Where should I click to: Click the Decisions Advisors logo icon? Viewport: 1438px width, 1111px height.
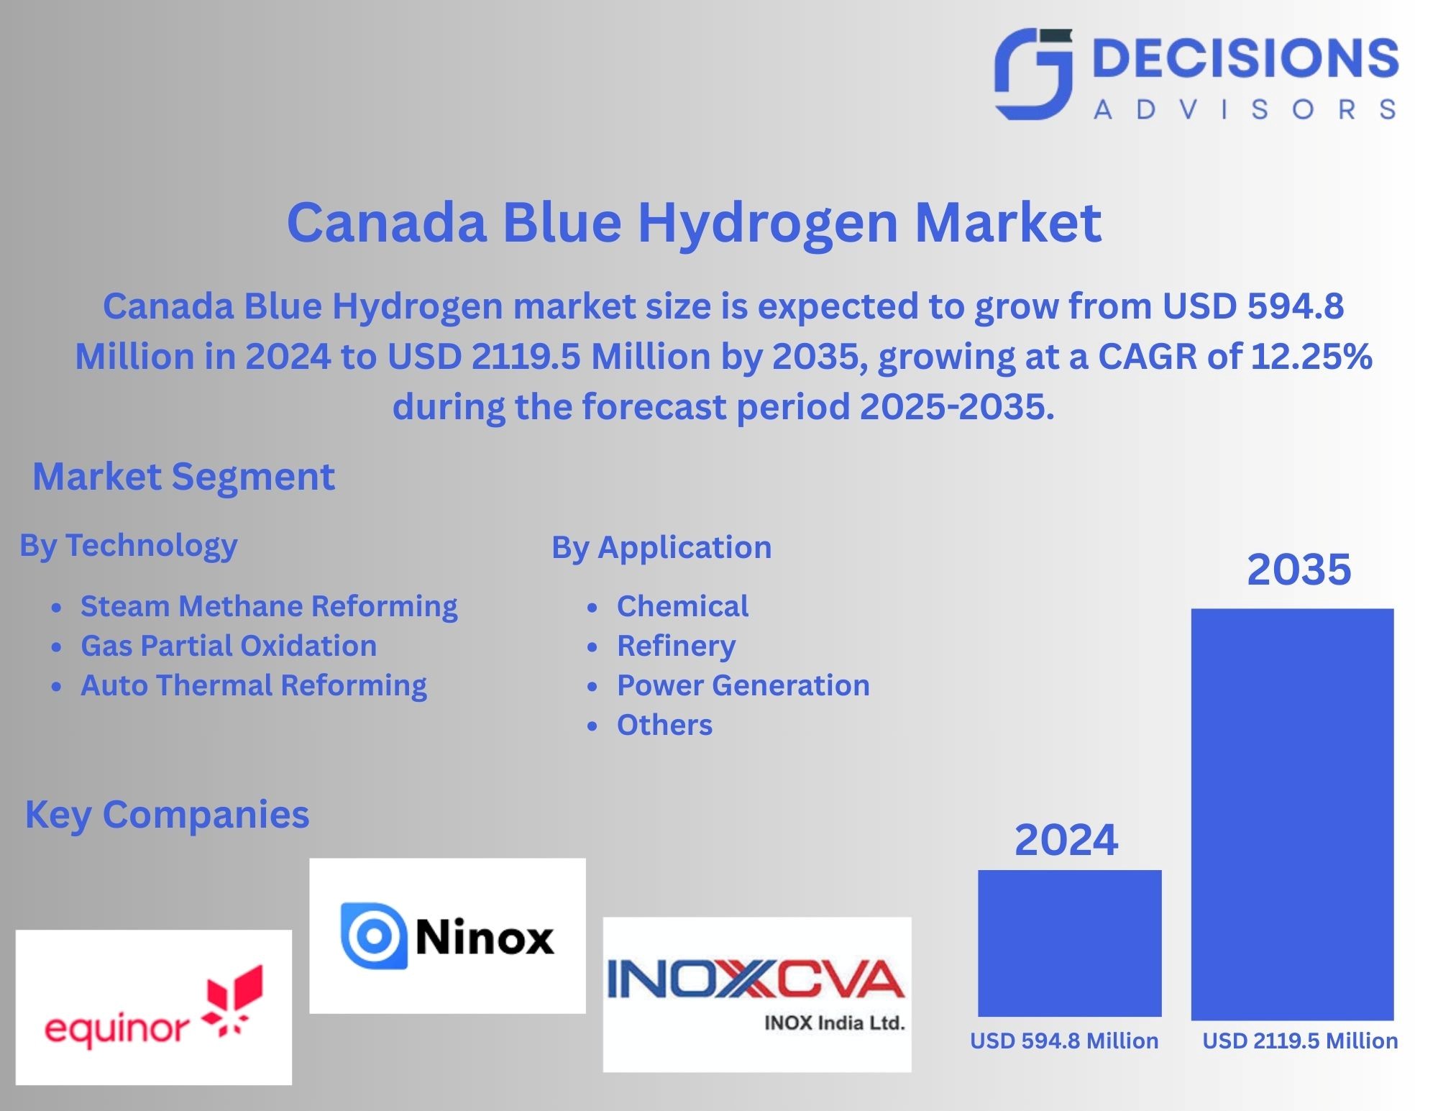click(x=1033, y=73)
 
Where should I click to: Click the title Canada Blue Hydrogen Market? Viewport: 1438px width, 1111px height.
click(x=694, y=221)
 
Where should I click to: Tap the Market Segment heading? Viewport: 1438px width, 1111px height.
click(x=183, y=477)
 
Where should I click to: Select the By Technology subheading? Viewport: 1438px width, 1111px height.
click(x=128, y=546)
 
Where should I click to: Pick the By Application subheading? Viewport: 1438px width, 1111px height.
click(x=661, y=547)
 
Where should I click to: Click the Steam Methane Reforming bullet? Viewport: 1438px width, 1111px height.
click(x=268, y=606)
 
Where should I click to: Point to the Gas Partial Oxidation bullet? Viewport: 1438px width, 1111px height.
click(x=228, y=646)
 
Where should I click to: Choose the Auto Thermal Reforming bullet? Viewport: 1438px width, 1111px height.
click(x=253, y=685)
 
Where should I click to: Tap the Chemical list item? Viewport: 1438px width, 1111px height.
click(x=682, y=606)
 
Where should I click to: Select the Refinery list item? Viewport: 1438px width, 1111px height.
click(x=676, y=646)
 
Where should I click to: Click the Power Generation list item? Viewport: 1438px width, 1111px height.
click(x=743, y=685)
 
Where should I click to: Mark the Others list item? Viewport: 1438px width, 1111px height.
click(x=664, y=725)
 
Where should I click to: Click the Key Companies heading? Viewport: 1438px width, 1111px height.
click(x=167, y=815)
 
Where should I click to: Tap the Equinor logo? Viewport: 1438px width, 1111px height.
click(x=154, y=1007)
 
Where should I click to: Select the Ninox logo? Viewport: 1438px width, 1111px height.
click(x=447, y=936)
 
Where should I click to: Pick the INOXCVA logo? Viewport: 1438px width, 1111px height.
click(x=756, y=994)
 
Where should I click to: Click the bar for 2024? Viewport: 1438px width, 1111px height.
click(x=1069, y=943)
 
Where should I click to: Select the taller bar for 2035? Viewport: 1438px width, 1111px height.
click(x=1292, y=814)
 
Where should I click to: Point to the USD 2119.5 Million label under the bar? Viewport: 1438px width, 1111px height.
click(x=1300, y=1041)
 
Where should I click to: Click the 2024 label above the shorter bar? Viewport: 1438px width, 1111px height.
click(x=1066, y=839)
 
